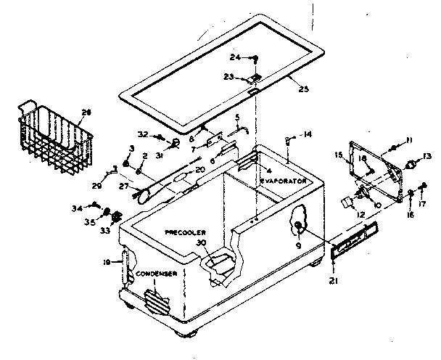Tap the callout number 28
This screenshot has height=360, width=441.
(87, 112)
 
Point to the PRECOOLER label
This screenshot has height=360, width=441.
(186, 234)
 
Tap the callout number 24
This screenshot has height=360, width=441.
(236, 57)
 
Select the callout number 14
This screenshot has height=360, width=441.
(308, 134)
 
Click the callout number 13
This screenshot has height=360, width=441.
(427, 155)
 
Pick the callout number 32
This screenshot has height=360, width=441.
(143, 134)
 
